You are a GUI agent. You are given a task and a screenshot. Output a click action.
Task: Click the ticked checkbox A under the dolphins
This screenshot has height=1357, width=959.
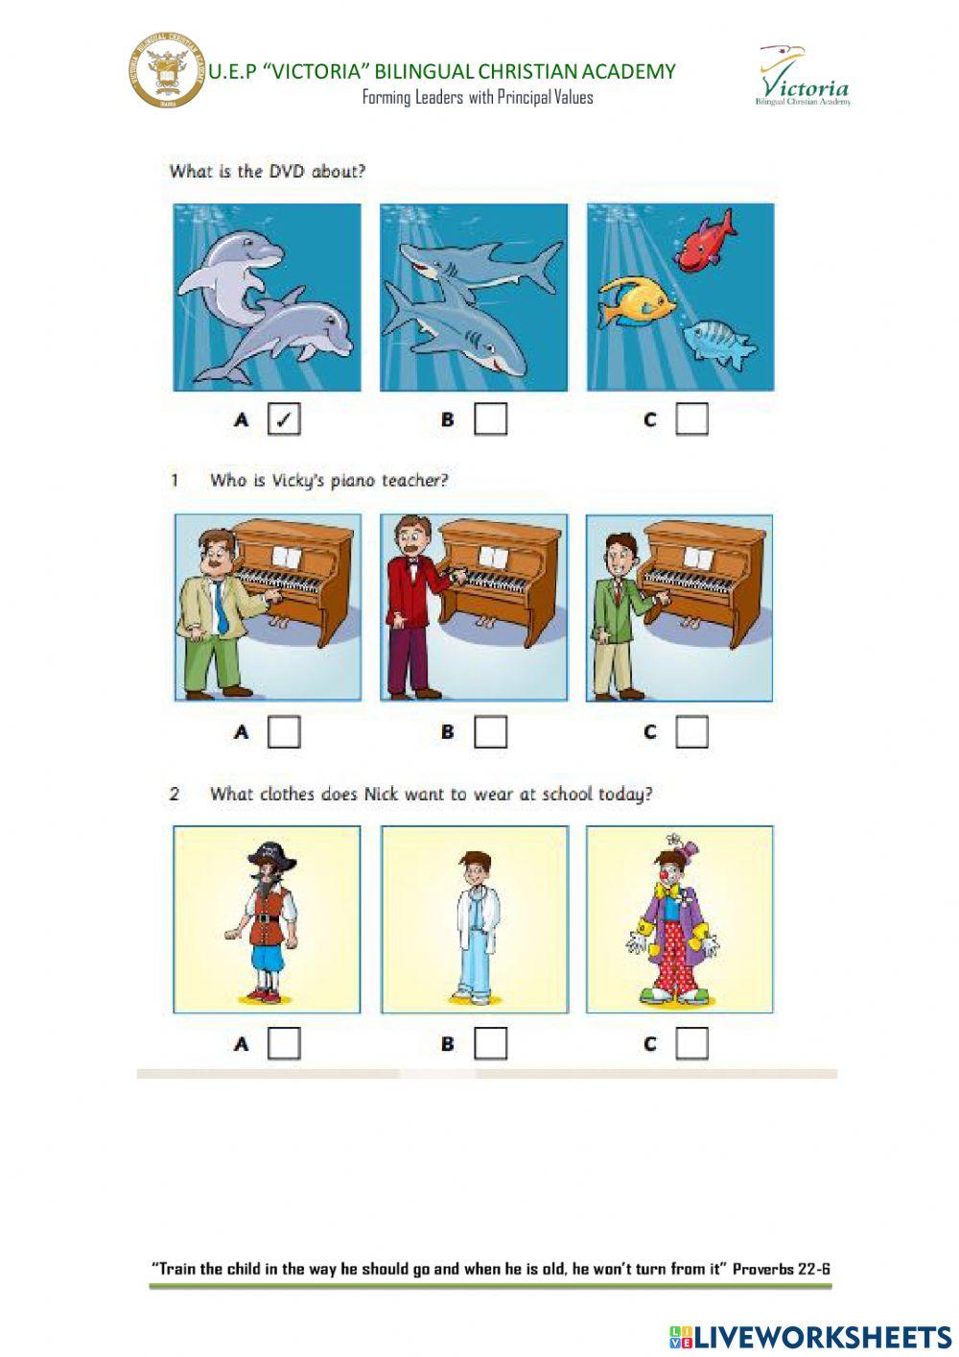pos(284,419)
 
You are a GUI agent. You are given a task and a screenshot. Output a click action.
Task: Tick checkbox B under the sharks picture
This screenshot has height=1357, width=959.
pos(490,419)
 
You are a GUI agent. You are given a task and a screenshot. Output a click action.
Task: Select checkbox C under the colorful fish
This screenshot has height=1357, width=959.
pos(692,419)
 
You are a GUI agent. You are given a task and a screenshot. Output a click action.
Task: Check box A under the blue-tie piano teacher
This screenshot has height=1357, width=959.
pos(284,732)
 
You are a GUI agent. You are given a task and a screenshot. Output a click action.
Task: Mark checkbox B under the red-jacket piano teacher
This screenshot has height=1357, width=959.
pos(490,732)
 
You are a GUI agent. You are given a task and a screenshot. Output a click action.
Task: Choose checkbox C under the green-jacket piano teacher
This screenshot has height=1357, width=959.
pos(692,732)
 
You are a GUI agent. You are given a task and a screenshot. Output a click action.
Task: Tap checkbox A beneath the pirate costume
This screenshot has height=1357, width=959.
pos(284,1043)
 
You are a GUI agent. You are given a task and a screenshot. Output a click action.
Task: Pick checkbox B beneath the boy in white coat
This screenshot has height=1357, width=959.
pos(490,1043)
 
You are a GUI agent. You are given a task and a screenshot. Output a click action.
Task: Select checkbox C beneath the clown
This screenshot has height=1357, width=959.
pos(692,1043)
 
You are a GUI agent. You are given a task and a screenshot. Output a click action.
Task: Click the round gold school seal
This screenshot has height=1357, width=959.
pos(167,71)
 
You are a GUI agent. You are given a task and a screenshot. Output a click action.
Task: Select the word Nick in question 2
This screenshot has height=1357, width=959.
pos(381,795)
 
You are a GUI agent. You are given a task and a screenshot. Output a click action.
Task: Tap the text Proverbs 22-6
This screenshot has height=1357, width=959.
pos(781,1269)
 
